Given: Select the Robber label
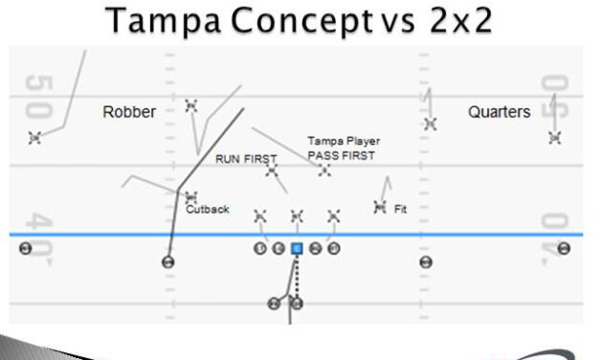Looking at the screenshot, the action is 129,112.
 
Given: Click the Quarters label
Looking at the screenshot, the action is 499,112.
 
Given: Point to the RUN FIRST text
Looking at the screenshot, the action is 246,159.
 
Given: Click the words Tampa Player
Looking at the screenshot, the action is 344,141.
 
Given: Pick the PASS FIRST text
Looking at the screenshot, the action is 342,155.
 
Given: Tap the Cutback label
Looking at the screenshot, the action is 208,209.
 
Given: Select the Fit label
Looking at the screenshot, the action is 400,207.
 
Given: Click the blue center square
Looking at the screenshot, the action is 297,249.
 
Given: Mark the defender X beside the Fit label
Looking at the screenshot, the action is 380,206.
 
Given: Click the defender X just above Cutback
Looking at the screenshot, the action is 191,196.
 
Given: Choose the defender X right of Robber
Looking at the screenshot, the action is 191,104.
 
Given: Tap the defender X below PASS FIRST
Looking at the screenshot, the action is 324,170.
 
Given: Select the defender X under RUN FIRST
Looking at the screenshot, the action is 272,171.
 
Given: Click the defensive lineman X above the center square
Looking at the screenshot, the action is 297,216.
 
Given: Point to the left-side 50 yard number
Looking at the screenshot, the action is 35,96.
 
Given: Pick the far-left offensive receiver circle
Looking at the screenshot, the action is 26,248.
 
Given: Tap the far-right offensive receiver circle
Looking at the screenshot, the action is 564,248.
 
